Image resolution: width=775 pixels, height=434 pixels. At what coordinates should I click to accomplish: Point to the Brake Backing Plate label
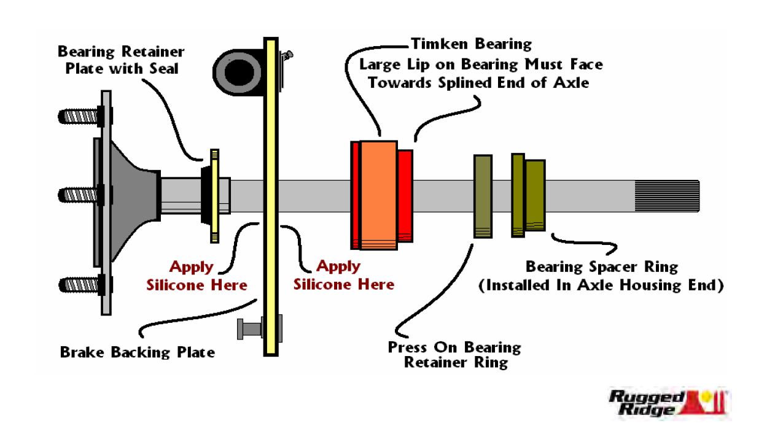(138, 353)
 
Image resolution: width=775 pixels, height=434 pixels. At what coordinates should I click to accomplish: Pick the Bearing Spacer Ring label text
(601, 268)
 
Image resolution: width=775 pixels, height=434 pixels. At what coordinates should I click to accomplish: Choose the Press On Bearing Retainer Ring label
(454, 355)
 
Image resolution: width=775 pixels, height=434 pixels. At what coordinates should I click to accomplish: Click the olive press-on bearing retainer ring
(483, 196)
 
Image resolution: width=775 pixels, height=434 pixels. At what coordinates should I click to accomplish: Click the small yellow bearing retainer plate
(214, 195)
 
